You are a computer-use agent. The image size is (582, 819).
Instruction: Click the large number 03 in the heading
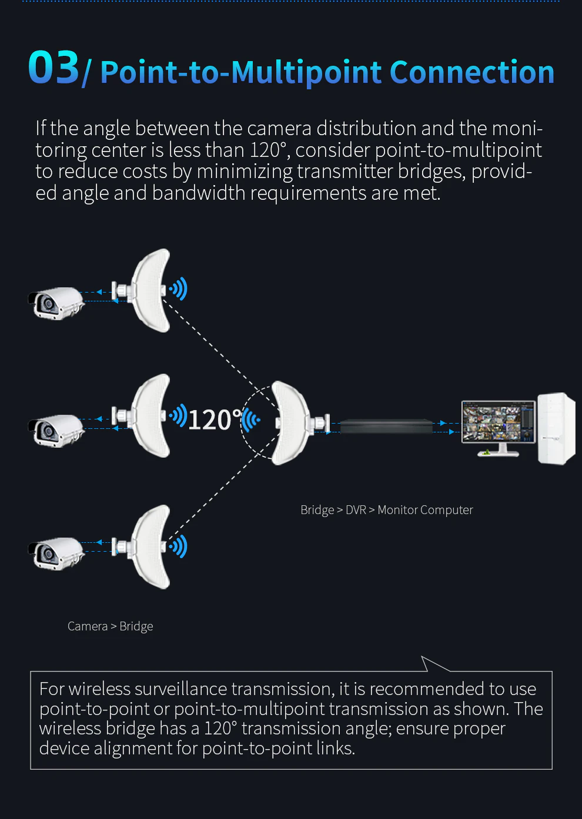tap(53, 68)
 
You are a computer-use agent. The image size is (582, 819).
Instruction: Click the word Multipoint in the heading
tap(306, 72)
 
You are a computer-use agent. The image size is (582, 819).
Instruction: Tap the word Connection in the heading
tap(472, 72)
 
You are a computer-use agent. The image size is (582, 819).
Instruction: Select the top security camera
tap(56, 303)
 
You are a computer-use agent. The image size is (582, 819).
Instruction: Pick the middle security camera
tap(56, 430)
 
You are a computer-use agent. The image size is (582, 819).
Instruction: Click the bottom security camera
tap(56, 553)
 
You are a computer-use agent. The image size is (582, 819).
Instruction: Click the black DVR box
tap(386, 427)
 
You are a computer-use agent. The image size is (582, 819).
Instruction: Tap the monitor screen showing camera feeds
tap(499, 422)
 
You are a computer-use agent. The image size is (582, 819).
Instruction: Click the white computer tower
tap(556, 428)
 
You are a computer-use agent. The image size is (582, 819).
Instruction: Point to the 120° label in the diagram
tap(215, 419)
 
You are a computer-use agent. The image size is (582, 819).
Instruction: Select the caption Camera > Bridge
tap(110, 626)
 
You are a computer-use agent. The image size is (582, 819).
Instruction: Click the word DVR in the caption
tap(356, 510)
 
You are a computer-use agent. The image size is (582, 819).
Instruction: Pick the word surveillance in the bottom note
tap(180, 689)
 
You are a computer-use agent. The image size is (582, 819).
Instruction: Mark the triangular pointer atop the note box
tap(433, 664)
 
